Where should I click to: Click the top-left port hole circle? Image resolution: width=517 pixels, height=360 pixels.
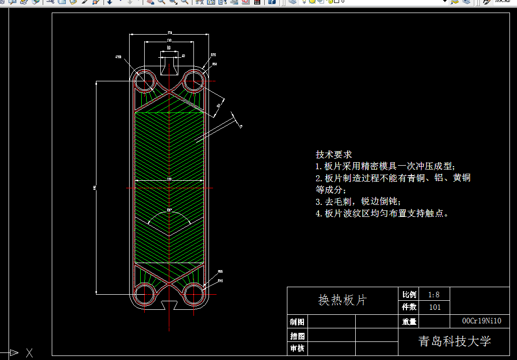click(145, 81)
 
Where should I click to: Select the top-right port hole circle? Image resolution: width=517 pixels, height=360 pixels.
click(193, 81)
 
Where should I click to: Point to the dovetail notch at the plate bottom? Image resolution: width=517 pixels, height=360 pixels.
click(169, 304)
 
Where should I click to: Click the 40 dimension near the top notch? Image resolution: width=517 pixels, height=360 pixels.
click(183, 56)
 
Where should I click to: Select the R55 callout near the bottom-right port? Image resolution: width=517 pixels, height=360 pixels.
click(220, 272)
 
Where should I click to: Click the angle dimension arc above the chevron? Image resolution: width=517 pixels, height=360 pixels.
click(169, 213)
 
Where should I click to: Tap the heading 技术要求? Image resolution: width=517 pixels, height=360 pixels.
click(334, 154)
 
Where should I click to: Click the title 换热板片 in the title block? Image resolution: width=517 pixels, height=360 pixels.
click(343, 300)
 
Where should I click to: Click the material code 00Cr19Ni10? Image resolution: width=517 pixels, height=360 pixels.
click(481, 321)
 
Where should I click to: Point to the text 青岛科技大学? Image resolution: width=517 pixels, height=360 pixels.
click(455, 342)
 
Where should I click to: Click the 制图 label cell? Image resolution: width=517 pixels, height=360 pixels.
click(297, 322)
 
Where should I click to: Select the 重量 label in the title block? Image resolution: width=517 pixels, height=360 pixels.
click(409, 322)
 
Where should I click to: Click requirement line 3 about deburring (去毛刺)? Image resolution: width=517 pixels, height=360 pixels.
click(358, 202)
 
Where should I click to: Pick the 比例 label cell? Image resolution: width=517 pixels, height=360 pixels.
click(409, 295)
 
